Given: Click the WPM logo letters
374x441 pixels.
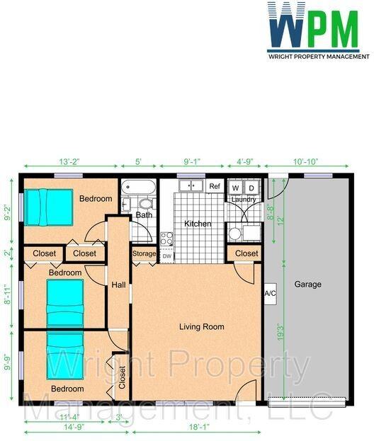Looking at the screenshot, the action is tap(314, 25).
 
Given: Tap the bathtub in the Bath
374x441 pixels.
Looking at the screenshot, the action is tap(138, 187).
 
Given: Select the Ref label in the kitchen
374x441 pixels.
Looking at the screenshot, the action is tap(215, 186).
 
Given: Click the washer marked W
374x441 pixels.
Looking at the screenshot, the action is tap(236, 188).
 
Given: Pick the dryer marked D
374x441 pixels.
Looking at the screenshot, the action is tap(251, 188).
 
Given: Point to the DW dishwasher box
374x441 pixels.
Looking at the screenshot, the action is tap(167, 256).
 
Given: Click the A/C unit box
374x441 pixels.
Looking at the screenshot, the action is tap(270, 294).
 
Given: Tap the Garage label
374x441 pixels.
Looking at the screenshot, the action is tap(307, 285).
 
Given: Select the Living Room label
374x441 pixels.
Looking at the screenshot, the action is tap(202, 327).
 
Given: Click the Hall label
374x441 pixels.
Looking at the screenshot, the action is tap(118, 285).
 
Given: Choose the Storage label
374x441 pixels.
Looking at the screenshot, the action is tap(144, 253).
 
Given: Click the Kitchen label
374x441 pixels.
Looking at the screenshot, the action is tap(198, 224).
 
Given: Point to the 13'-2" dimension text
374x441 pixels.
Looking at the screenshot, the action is tap(69, 161).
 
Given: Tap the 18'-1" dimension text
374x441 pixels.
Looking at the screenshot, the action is tap(199, 427).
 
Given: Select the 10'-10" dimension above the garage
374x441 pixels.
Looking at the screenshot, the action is tap(305, 161).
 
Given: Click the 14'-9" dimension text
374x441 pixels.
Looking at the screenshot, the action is tap(74, 427).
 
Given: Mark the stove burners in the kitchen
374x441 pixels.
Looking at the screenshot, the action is tap(166, 239).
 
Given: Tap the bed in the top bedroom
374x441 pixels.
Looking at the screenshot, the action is tap(48, 207).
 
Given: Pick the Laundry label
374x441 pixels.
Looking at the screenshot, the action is tap(244, 200).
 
